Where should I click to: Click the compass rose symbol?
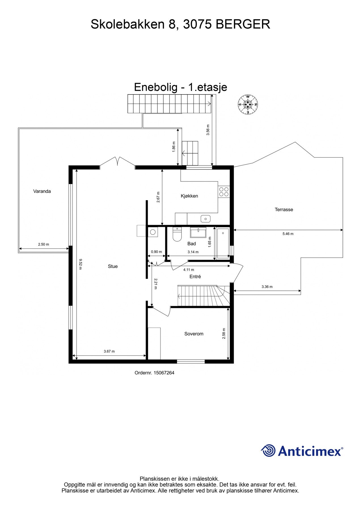248,104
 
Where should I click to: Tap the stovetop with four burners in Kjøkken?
223,192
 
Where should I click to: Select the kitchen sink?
205,219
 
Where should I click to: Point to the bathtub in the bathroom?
223,243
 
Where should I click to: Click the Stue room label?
113,266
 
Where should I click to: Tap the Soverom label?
194,334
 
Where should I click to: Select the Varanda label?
42,191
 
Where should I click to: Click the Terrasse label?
284,210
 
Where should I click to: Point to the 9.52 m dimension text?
80,264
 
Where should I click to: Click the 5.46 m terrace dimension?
288,234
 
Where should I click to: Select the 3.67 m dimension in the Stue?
109,351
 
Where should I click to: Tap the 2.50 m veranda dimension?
43,244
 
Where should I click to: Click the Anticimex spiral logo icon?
268,451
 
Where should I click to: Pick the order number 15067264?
164,373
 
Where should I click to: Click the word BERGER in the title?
243,24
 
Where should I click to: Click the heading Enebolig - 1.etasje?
180,87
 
